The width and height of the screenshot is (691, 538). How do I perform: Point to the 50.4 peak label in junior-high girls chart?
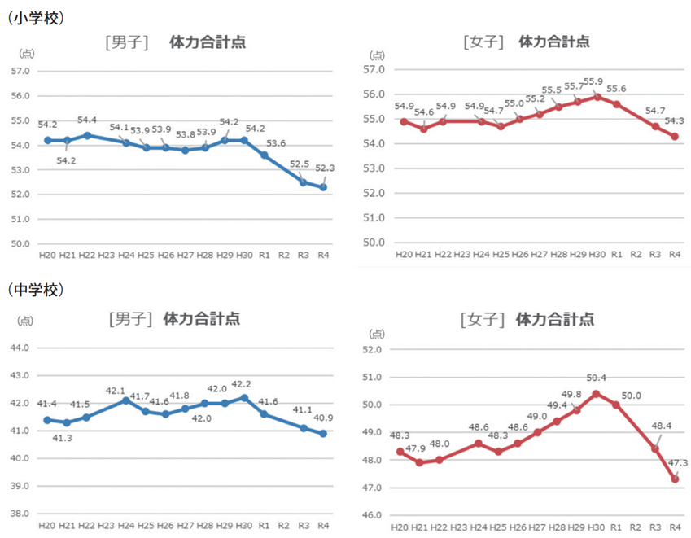coord(597,377)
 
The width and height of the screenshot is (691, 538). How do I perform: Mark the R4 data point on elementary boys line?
coord(323,187)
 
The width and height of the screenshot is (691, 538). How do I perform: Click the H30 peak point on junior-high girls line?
coord(596,394)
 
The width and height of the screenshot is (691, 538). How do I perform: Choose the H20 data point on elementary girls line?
coord(404,121)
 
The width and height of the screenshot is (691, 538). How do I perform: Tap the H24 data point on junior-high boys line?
coord(125,400)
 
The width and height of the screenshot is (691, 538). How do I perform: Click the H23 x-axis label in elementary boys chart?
coord(106,256)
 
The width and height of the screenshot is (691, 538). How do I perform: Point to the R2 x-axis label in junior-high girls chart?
coord(636,527)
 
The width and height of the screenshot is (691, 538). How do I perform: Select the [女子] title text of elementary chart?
coord(483,42)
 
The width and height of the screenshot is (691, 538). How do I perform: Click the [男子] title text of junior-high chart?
coord(130,318)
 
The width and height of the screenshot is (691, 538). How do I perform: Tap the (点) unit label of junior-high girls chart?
coord(377,334)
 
